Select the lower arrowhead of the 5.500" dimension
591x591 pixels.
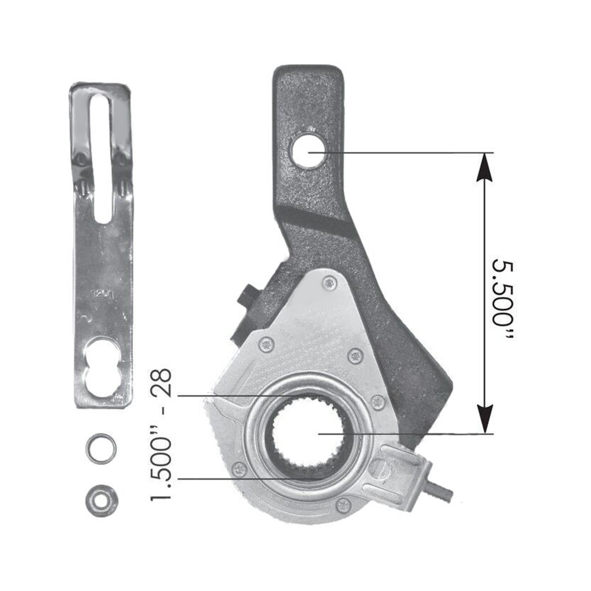click(485, 418)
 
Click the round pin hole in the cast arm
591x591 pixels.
click(308, 152)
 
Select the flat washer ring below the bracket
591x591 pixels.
click(101, 448)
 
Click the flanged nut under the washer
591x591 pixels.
click(101, 500)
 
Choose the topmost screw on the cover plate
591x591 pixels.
click(329, 283)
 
